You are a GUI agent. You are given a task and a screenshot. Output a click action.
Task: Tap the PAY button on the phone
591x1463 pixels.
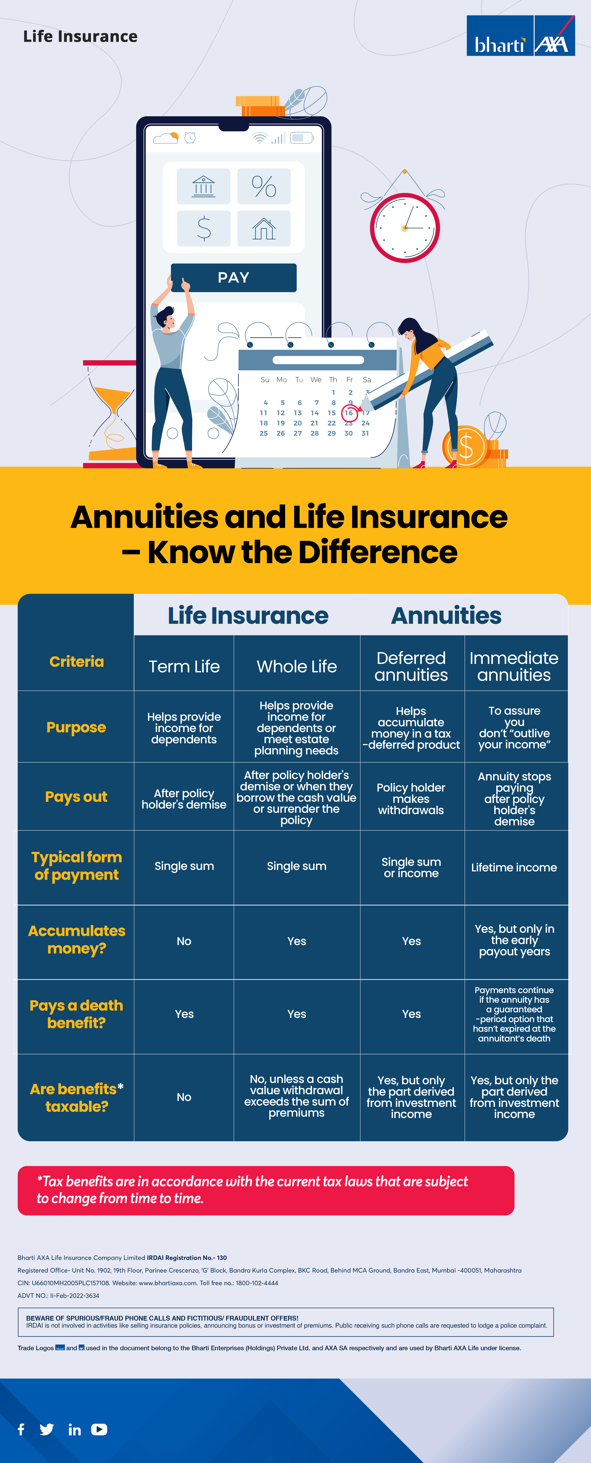(233, 278)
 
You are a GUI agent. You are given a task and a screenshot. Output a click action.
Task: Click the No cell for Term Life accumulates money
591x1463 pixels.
(184, 941)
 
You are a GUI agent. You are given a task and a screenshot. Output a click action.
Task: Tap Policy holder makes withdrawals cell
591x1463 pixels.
(411, 799)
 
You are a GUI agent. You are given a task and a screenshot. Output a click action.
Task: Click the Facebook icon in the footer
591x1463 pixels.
(21, 1429)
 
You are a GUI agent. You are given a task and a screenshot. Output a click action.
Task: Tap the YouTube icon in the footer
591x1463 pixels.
(99, 1429)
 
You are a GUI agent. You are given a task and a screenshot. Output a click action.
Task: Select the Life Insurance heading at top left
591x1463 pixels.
(80, 36)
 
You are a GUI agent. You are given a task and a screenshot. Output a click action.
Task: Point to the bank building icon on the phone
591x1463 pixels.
(203, 186)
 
